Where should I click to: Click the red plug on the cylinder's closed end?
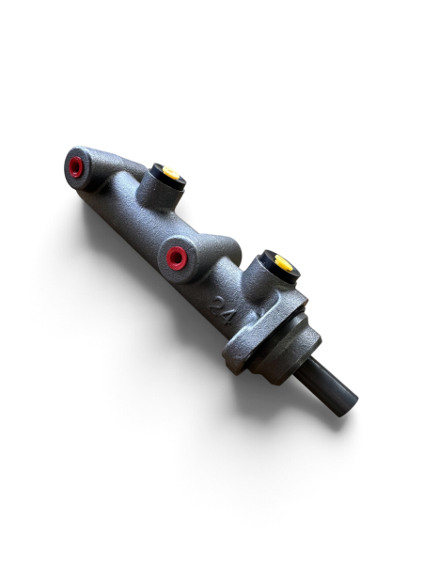tap(76, 167)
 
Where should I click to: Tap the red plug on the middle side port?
tap(177, 258)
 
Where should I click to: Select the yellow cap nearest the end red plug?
tap(171, 173)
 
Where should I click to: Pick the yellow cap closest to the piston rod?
tap(284, 263)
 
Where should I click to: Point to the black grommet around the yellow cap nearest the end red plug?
tap(167, 176)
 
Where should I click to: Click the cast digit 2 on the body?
tap(218, 306)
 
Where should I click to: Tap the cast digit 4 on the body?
tap(227, 317)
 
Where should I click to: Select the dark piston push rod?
tap(325, 387)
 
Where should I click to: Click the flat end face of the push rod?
tap(348, 406)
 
